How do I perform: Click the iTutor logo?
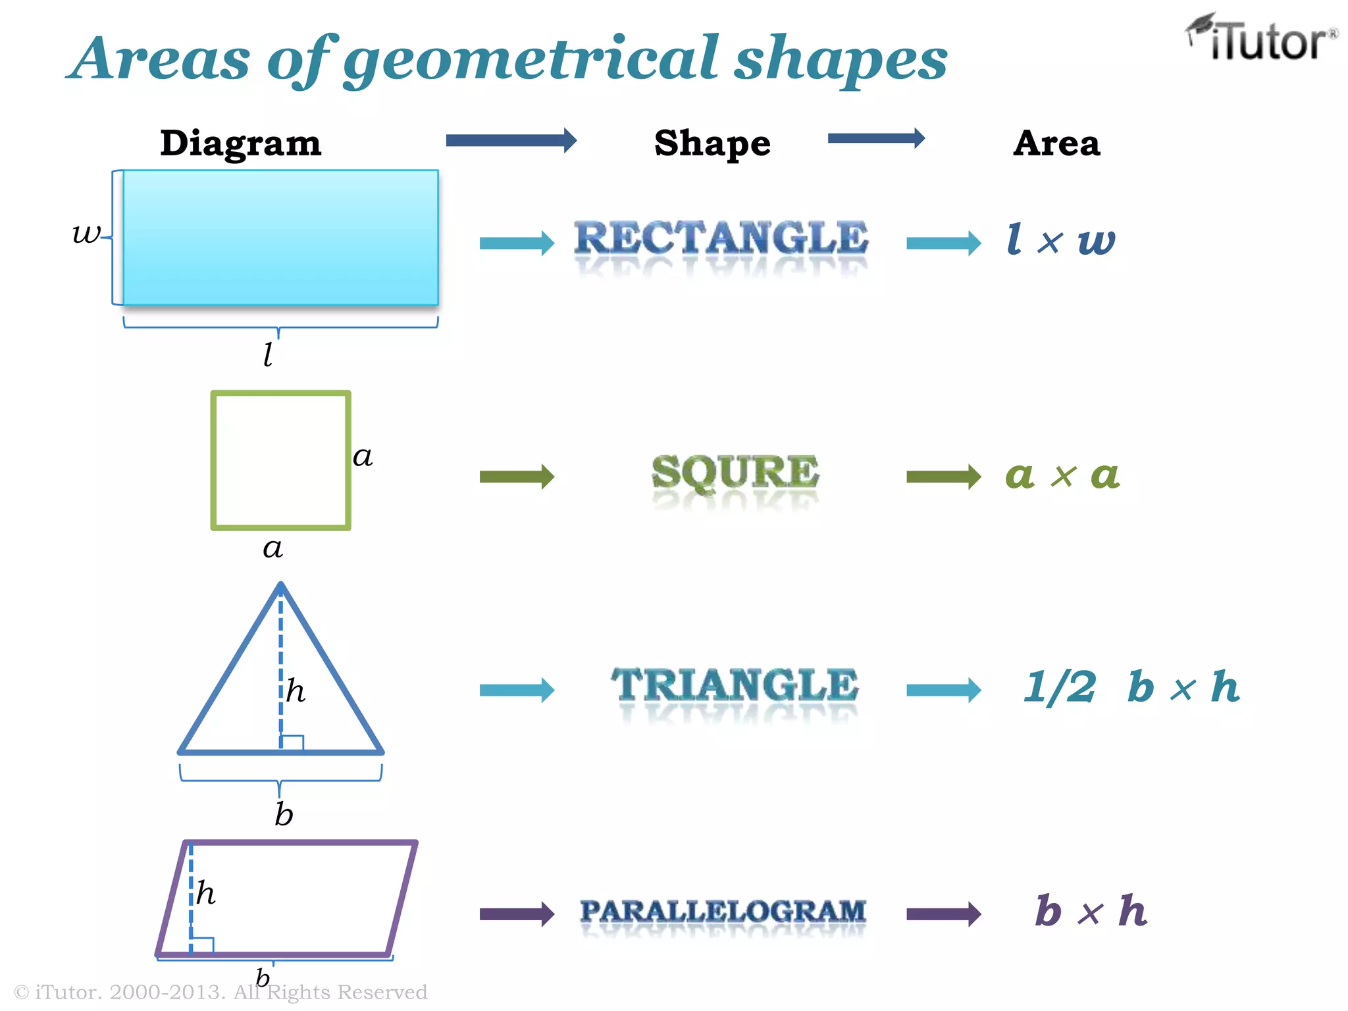(1262, 39)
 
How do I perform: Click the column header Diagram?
(241, 143)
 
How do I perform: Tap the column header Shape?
(712, 143)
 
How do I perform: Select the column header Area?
(1056, 143)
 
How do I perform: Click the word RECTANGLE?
(721, 238)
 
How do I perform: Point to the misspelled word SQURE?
(735, 472)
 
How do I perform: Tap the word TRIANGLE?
(735, 685)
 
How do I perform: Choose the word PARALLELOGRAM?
(723, 912)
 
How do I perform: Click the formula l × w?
(1061, 240)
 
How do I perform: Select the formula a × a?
(1062, 475)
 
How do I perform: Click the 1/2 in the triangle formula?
(1060, 687)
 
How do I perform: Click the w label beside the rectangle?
(87, 233)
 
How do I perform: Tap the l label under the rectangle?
(268, 355)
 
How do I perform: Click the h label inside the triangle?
(296, 691)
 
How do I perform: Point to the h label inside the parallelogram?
(206, 893)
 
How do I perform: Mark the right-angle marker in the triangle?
(292, 742)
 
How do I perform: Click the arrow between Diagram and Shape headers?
(511, 140)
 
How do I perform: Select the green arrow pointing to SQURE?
(517, 477)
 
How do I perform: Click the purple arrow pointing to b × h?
(943, 914)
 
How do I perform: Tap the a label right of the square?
(363, 457)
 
